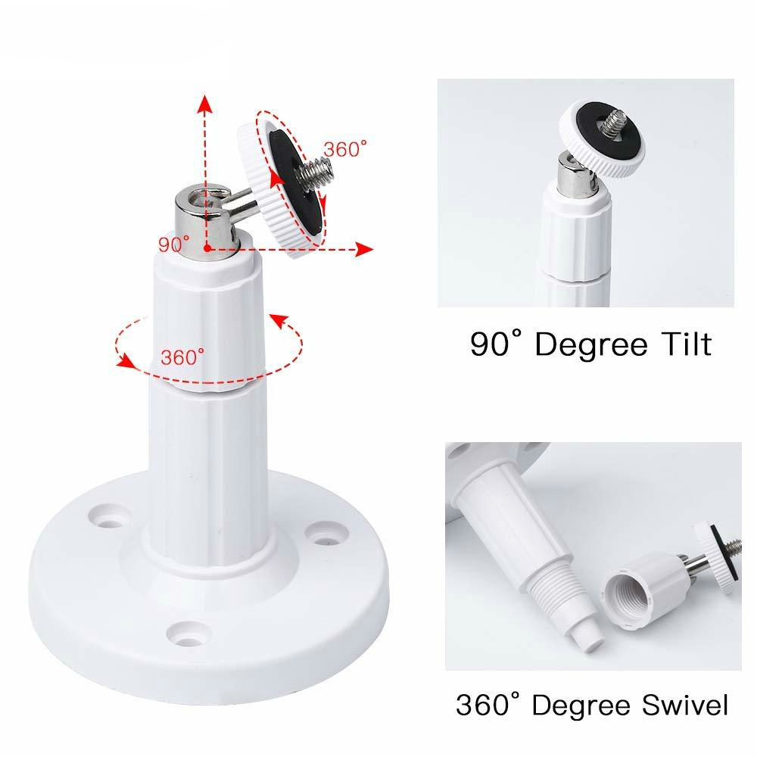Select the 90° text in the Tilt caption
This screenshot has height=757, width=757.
[494, 344]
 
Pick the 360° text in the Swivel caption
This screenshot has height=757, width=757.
[487, 705]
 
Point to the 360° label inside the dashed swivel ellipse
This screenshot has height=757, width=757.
[182, 357]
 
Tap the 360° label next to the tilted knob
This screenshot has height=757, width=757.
[344, 149]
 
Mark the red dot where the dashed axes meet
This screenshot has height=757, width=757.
[206, 248]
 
